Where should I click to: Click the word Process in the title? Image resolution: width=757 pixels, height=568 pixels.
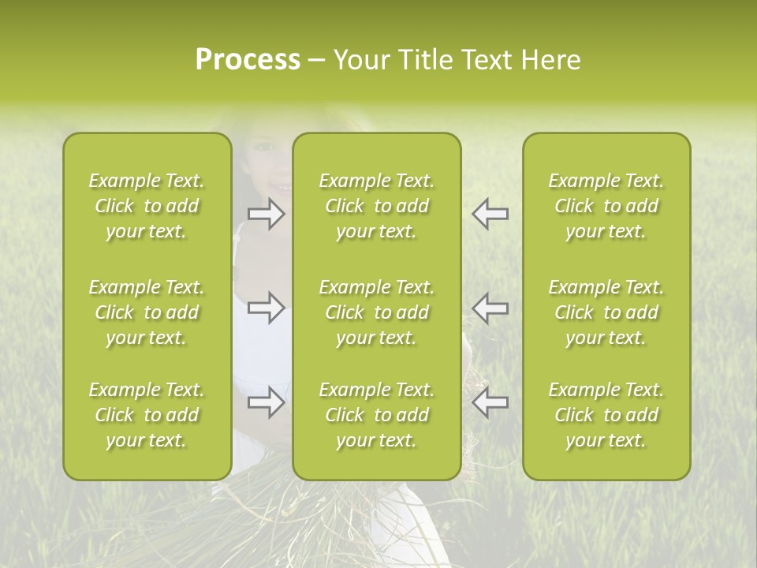pos(248,60)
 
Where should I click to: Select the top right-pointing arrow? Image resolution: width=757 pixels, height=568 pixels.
pos(267,214)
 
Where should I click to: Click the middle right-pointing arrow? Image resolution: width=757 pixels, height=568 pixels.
pos(267,308)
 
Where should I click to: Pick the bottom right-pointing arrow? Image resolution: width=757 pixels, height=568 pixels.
pos(267,402)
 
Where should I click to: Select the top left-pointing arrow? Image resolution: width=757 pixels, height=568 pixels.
pos(490,214)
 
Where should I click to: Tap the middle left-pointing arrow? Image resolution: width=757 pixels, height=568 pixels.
pos(490,308)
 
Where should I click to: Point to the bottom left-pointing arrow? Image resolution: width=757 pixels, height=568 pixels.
pos(490,402)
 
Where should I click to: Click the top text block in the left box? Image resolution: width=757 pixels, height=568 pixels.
pos(147,206)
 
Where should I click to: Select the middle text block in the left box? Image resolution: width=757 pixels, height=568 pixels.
pos(147,312)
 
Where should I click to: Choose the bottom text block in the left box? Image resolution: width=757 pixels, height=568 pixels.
pos(147,415)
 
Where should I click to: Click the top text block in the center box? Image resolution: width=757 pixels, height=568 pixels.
pos(377,206)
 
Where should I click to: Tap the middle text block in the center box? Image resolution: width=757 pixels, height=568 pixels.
pos(377,312)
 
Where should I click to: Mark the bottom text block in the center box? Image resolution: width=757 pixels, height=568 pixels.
pos(377,415)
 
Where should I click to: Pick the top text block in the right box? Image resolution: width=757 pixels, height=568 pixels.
pos(606,206)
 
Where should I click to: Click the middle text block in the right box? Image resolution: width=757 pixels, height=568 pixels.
pos(606,312)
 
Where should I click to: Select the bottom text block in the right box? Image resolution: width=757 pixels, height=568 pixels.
pos(606,415)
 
